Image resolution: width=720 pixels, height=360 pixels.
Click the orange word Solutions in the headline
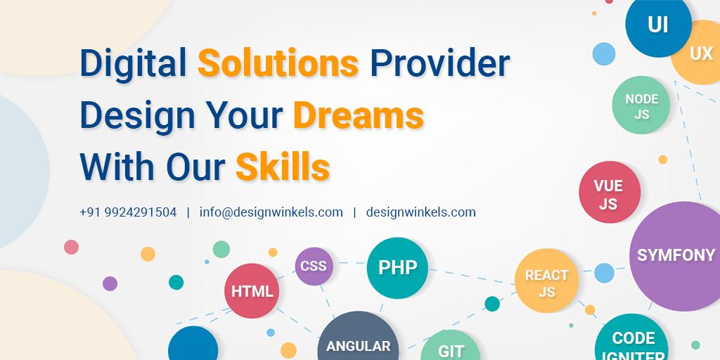pos(278,64)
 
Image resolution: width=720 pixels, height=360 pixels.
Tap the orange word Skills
pos(282,167)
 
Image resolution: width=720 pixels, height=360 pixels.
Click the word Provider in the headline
pos(439,64)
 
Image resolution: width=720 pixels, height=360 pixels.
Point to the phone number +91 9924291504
pos(128,212)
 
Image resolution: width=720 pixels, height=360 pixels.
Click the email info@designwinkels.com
pos(271,212)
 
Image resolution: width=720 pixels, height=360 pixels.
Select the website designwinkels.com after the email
pos(420,212)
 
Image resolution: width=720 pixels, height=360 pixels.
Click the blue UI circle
pos(657,25)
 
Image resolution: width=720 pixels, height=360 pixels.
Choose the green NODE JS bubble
pos(641,106)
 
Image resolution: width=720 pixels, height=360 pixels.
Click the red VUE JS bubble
pos(609,193)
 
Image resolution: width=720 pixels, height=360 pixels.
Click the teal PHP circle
pos(397,268)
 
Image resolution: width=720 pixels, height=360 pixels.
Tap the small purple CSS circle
pos(314,266)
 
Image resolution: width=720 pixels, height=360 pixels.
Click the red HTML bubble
pos(252,291)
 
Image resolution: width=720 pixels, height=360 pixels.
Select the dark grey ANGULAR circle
pos(358,340)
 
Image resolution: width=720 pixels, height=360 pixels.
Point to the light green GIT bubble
pos(451,347)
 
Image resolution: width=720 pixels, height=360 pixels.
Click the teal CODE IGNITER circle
pos(633,342)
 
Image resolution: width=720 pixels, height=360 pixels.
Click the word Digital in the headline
pos(133,64)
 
